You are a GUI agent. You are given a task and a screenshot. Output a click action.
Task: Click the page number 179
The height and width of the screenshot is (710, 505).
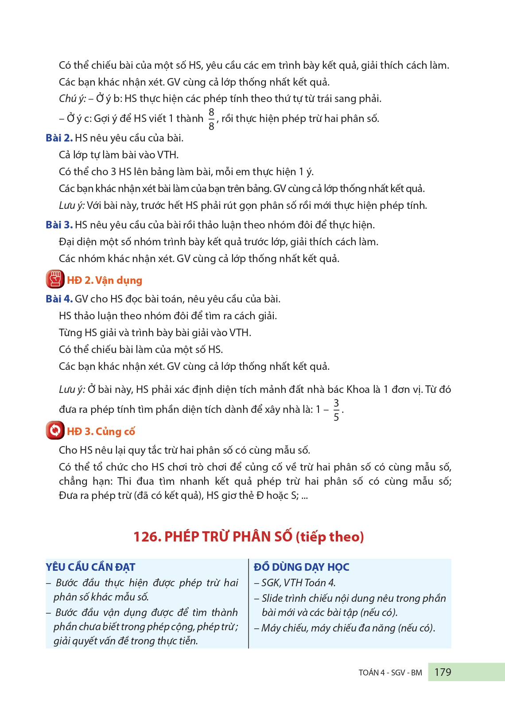443,672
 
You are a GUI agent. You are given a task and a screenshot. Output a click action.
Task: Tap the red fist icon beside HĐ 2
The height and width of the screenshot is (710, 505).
55,279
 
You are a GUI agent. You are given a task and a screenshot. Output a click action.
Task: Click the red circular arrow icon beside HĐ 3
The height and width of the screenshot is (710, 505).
55,431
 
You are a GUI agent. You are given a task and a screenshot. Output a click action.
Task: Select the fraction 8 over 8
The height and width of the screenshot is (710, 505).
211,119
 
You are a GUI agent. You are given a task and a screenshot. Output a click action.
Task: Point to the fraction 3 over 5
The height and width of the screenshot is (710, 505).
336,410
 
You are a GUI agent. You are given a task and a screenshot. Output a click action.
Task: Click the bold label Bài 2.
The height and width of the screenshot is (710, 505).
59,138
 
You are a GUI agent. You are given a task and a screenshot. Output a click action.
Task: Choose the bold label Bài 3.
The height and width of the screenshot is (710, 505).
59,225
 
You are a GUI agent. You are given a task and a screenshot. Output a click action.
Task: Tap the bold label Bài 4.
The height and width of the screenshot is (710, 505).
59,299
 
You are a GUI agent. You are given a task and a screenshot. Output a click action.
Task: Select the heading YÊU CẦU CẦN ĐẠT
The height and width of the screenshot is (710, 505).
90,567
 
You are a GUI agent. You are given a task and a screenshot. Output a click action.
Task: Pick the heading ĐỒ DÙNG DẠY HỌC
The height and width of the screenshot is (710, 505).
301,567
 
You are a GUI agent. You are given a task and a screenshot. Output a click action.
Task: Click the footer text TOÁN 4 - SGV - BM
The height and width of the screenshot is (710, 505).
390,672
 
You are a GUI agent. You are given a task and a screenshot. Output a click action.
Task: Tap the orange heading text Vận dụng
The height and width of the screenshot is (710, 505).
119,280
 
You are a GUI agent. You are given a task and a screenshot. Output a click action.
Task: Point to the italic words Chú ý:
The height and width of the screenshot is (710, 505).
72,98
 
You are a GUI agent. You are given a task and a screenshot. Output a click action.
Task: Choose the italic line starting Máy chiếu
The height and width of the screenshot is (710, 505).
348,628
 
